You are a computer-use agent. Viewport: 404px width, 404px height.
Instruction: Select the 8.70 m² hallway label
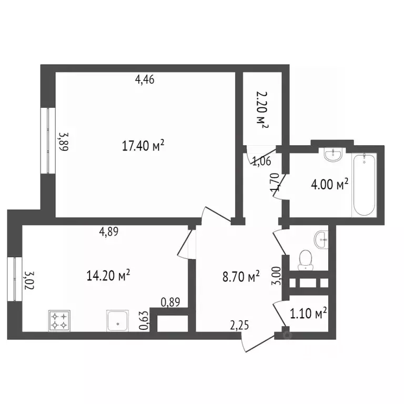(241, 277)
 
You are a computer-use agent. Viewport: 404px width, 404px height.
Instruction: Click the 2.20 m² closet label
(262, 109)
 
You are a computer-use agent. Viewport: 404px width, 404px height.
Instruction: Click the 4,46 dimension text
(145, 80)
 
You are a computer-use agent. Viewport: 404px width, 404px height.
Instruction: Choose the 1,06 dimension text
(261, 161)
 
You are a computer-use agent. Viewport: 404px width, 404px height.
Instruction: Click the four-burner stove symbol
(59, 320)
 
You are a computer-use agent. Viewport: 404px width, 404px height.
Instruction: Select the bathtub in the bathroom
(364, 185)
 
